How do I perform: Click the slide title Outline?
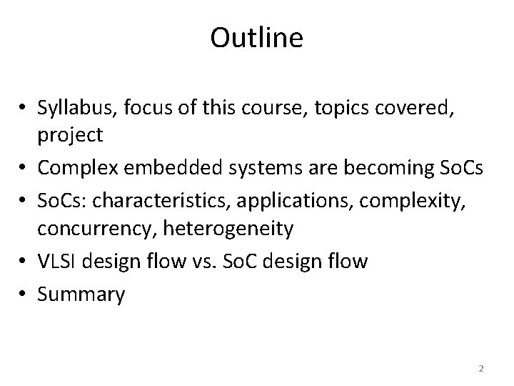pos(256,39)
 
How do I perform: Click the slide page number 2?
pos(481,368)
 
